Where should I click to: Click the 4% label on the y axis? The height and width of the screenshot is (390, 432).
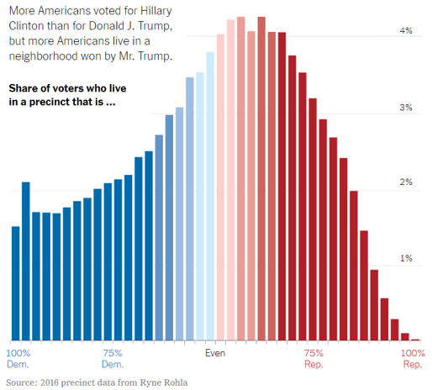pyautogui.click(x=406, y=31)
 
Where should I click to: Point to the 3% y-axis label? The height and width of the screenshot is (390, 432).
pyautogui.click(x=406, y=108)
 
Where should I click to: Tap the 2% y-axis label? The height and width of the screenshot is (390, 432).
pyautogui.click(x=406, y=182)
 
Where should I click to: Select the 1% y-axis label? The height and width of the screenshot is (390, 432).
pyautogui.click(x=406, y=258)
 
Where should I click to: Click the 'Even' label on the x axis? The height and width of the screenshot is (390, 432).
pyautogui.click(x=216, y=353)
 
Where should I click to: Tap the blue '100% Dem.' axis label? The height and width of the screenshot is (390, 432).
pyautogui.click(x=18, y=359)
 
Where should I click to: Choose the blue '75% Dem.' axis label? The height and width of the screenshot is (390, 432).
pyautogui.click(x=113, y=359)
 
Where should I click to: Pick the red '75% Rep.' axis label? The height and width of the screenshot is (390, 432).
pyautogui.click(x=313, y=359)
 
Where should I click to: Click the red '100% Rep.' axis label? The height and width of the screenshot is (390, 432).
pyautogui.click(x=412, y=359)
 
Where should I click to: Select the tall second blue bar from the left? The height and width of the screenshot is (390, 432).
pyautogui.click(x=25, y=261)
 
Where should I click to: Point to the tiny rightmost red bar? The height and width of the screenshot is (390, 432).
pyautogui.click(x=415, y=339)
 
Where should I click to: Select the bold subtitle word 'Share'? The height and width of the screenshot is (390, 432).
pyautogui.click(x=24, y=88)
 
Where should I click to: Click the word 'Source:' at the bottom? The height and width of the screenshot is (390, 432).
pyautogui.click(x=23, y=382)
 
